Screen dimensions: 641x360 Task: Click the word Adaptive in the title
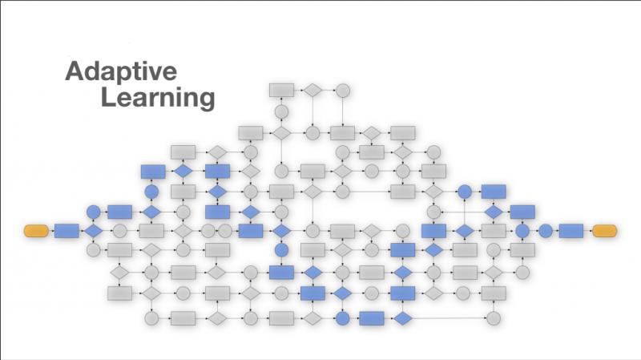[121, 72]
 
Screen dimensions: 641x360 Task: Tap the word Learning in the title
[158, 98]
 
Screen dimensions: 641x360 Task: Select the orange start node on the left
[36, 231]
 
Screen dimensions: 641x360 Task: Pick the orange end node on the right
[605, 231]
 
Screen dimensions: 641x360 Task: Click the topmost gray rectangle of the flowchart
[281, 91]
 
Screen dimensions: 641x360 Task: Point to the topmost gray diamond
[312, 91]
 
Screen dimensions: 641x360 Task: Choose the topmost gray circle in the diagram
[343, 91]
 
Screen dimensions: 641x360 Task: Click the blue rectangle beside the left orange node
[67, 231]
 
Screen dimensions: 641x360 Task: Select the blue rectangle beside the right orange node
[571, 231]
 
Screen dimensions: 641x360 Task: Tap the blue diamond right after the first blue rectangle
[93, 231]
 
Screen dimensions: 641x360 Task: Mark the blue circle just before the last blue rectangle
[546, 231]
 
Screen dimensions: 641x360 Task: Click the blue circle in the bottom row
[343, 318]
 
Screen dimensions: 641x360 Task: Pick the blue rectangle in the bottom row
[372, 318]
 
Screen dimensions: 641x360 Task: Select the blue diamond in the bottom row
[403, 318]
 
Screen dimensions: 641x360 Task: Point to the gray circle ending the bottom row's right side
[494, 318]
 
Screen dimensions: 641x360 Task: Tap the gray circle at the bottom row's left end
[151, 318]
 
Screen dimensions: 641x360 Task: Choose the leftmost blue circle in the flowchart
[93, 212]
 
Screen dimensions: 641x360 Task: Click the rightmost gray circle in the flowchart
[522, 272]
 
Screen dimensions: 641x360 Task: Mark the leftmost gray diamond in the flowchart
[119, 272]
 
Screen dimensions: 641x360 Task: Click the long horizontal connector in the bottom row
[450, 318]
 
